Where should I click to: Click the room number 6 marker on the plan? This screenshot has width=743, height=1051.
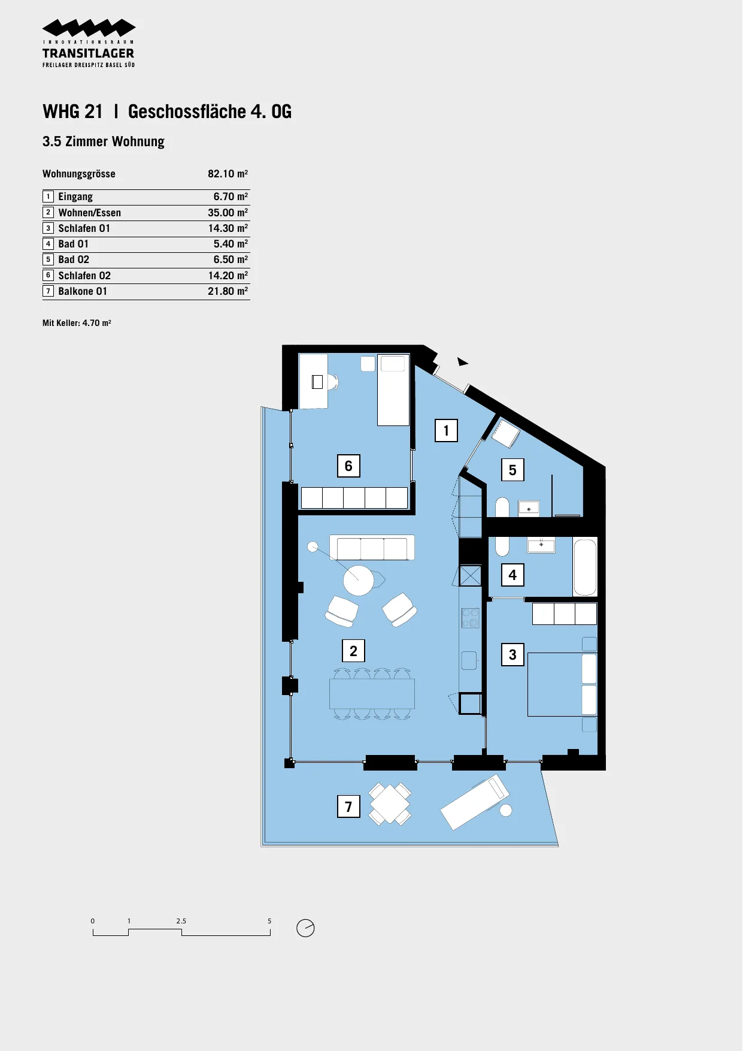348,466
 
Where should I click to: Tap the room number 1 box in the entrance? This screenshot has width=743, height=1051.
446,430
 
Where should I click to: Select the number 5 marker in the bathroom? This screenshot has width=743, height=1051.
512,470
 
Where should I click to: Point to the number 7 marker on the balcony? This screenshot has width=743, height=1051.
348,807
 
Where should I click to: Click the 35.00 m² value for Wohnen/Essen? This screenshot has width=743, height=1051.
228,213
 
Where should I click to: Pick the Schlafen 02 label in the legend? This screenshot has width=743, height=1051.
84,276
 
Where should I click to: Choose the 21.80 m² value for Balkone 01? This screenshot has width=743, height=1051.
228,291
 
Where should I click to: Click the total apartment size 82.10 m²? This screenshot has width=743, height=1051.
228,174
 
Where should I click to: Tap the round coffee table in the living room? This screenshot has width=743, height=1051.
359,580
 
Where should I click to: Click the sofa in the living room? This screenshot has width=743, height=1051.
372,547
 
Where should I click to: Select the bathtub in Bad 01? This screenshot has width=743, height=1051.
585,567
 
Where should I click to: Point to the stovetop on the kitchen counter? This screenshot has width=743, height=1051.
471,618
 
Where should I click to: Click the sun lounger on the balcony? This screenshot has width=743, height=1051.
475,802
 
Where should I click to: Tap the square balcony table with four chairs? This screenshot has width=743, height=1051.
390,804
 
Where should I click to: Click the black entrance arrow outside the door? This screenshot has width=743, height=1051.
462,361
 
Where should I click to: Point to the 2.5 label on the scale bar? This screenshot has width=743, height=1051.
181,921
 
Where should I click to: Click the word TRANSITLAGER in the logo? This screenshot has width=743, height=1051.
89,53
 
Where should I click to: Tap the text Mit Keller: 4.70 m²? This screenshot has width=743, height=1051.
77,323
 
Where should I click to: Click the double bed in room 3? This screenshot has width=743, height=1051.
562,684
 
